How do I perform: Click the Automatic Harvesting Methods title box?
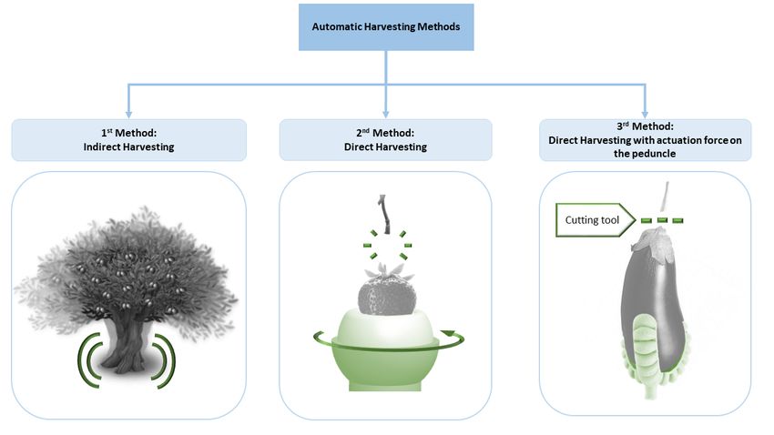coord(386,27)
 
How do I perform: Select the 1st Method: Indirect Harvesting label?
coord(128,140)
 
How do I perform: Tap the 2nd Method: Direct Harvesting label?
coord(385,140)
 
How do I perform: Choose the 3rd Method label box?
coord(646,140)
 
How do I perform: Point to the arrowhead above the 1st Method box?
coord(128,115)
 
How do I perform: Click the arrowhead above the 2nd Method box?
coord(386,115)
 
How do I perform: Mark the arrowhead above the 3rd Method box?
coord(646,115)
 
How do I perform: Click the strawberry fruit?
coord(386,295)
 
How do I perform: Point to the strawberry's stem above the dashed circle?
coord(383,214)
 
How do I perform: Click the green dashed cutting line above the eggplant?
coord(662,220)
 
